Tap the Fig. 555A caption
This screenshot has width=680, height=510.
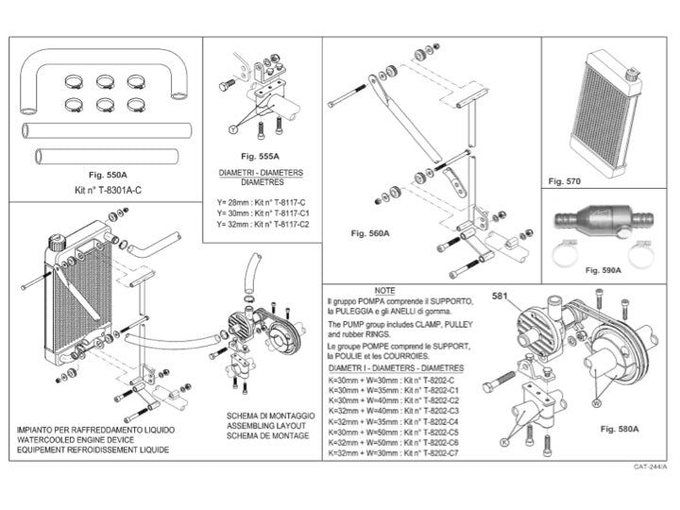tap(262, 156)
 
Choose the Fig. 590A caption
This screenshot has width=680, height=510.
tap(603, 270)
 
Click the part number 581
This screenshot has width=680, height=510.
tap(501, 296)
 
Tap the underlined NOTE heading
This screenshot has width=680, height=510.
tap(384, 289)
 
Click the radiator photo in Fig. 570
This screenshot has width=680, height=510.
tap(608, 104)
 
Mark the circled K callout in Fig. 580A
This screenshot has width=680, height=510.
tap(506, 441)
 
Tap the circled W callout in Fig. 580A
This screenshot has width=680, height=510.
tap(596, 401)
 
